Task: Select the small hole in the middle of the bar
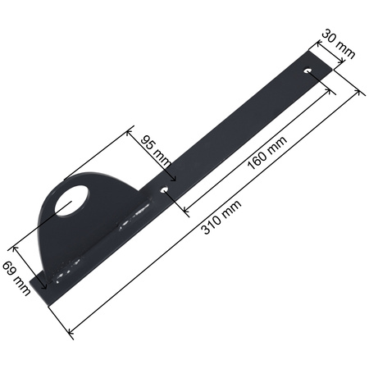166,190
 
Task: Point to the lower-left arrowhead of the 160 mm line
184,207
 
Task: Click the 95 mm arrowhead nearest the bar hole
173,179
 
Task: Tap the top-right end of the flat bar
328,64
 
